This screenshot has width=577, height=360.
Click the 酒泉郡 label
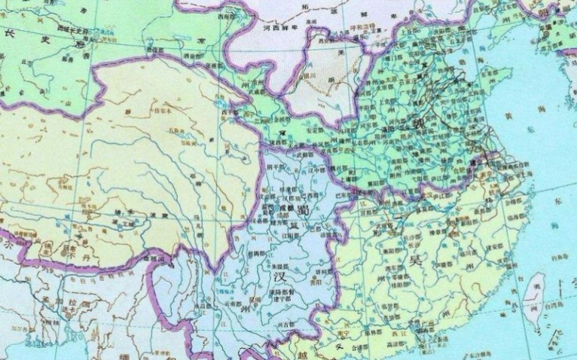pos(200,56)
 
